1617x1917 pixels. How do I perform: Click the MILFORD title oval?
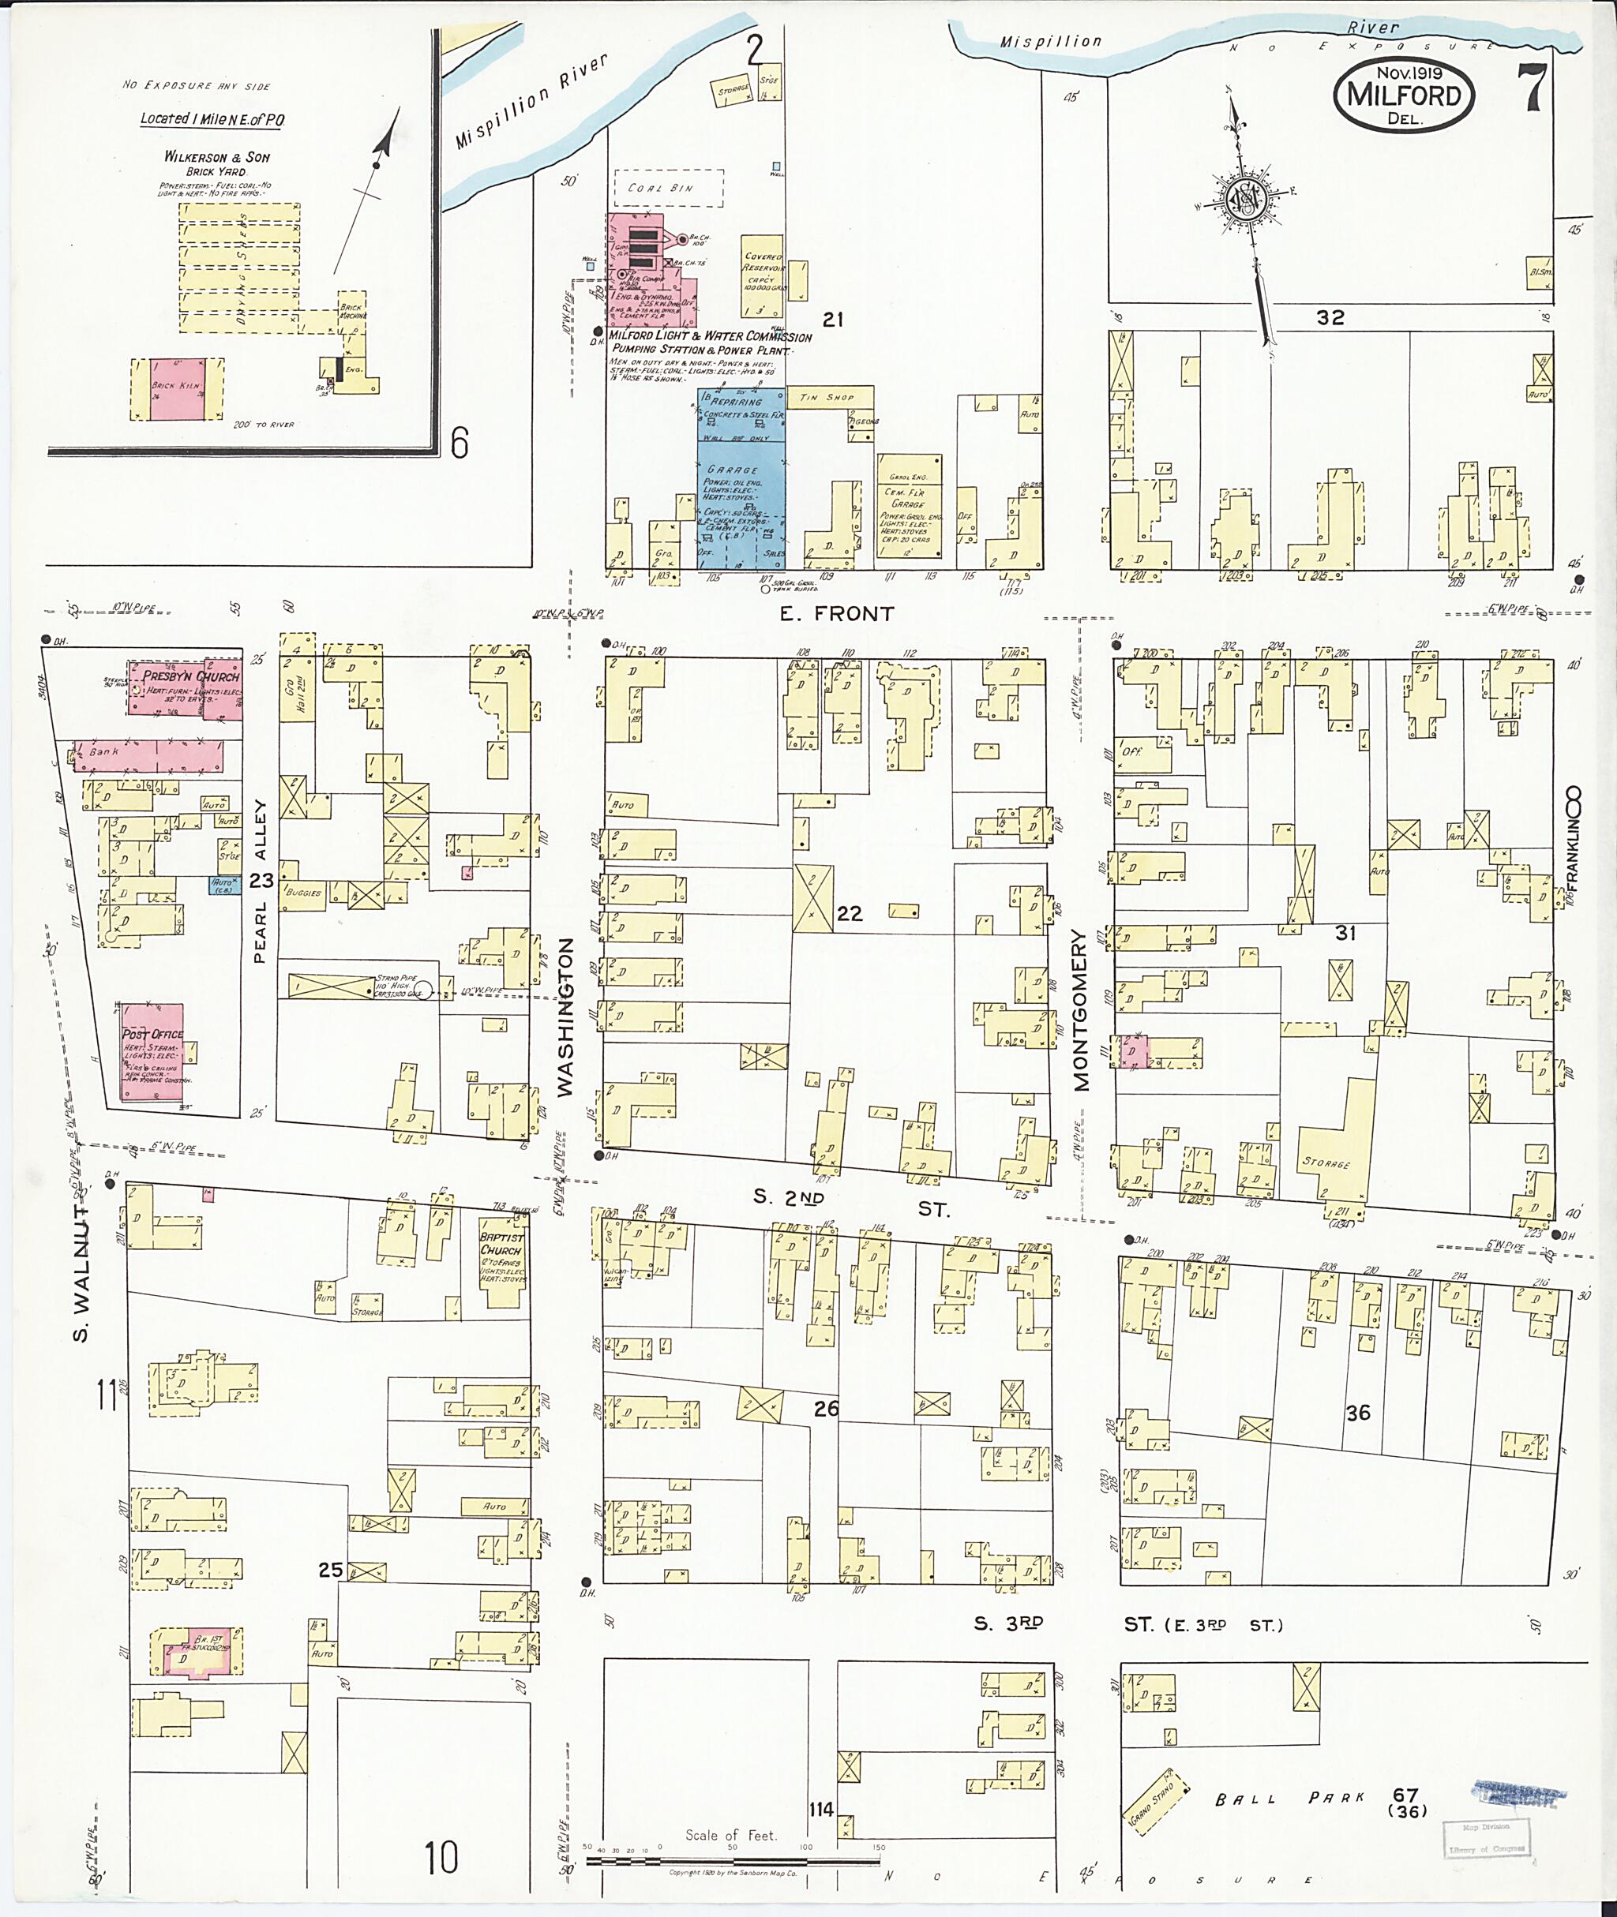tap(1403, 95)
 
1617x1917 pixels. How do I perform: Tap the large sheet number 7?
tap(1532, 88)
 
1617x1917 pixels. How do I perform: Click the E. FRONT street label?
tap(836, 614)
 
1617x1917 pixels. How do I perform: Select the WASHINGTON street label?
tap(565, 1017)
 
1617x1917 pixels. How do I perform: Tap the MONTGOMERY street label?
tap(1082, 1010)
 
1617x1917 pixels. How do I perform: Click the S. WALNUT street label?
tap(81, 1273)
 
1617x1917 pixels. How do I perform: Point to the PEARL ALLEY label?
tap(261, 882)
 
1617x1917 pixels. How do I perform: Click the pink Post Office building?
tap(152, 1051)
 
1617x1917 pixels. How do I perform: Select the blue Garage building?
tap(741, 481)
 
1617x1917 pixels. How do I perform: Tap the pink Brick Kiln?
tap(176, 389)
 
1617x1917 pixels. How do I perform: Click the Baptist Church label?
tap(501, 1245)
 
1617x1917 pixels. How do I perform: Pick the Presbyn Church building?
tap(184, 687)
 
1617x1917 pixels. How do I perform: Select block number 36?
tap(1357, 1413)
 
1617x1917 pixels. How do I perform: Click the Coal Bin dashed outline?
tap(668, 188)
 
